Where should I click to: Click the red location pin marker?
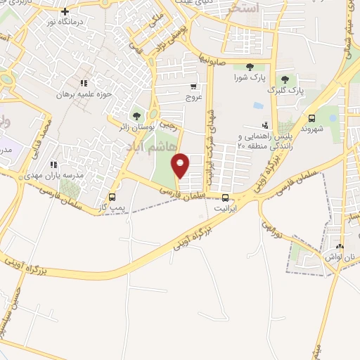[x=181, y=165]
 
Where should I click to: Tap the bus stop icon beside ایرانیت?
[x=225, y=198]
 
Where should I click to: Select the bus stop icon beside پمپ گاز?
[x=112, y=197]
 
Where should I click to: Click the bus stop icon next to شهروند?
[x=311, y=118]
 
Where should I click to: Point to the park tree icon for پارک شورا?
[x=250, y=67]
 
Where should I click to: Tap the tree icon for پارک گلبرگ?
[x=285, y=79]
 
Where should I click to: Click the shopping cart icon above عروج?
[x=193, y=86]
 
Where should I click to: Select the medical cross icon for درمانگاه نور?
[x=65, y=11]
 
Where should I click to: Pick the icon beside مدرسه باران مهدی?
[x=52, y=165]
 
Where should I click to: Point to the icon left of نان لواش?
[x=340, y=246]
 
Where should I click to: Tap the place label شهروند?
[x=311, y=129]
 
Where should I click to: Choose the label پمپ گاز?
[x=112, y=208]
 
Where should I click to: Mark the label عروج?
[x=193, y=97]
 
